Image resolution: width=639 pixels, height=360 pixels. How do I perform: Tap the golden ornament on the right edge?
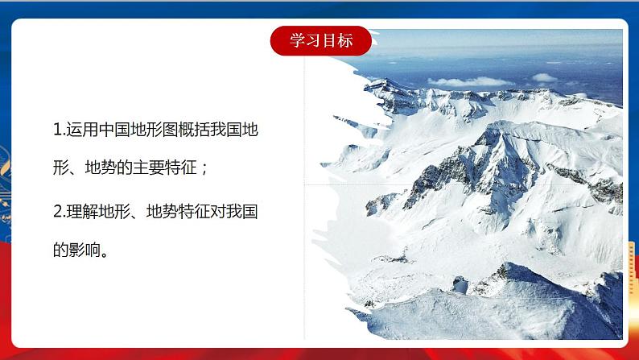tap(633, 266)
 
